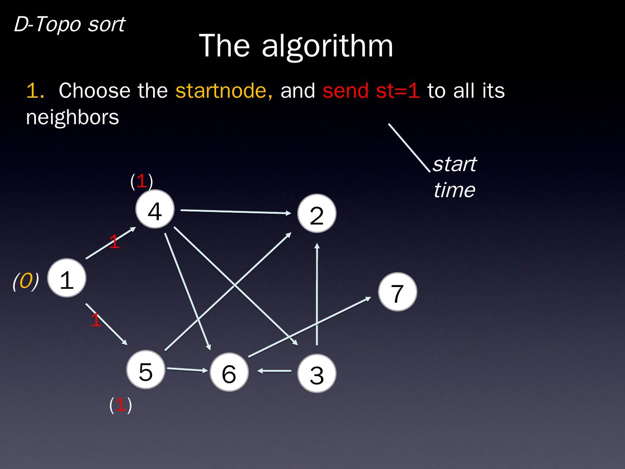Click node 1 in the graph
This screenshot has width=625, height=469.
click(x=67, y=278)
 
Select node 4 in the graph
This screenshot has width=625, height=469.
click(x=155, y=209)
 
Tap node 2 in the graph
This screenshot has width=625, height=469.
click(x=317, y=214)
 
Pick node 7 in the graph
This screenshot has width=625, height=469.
click(x=397, y=292)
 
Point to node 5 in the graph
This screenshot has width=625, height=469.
click(x=146, y=370)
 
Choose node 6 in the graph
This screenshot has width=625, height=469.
click(x=229, y=372)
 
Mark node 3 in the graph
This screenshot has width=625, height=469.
click(x=317, y=373)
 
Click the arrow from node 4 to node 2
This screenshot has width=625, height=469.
click(x=235, y=211)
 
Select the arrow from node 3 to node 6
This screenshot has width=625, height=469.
click(x=275, y=371)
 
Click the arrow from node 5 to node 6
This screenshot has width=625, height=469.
click(x=187, y=370)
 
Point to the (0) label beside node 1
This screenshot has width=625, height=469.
click(x=26, y=281)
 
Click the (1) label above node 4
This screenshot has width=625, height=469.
click(x=141, y=181)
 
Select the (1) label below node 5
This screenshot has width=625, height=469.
click(x=120, y=405)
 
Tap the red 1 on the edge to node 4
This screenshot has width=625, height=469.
click(x=114, y=242)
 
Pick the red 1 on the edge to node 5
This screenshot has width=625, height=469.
click(x=95, y=320)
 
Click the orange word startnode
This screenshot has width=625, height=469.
click(x=224, y=91)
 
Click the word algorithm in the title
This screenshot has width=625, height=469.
click(x=327, y=45)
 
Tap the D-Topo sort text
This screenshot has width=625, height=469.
click(x=69, y=24)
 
